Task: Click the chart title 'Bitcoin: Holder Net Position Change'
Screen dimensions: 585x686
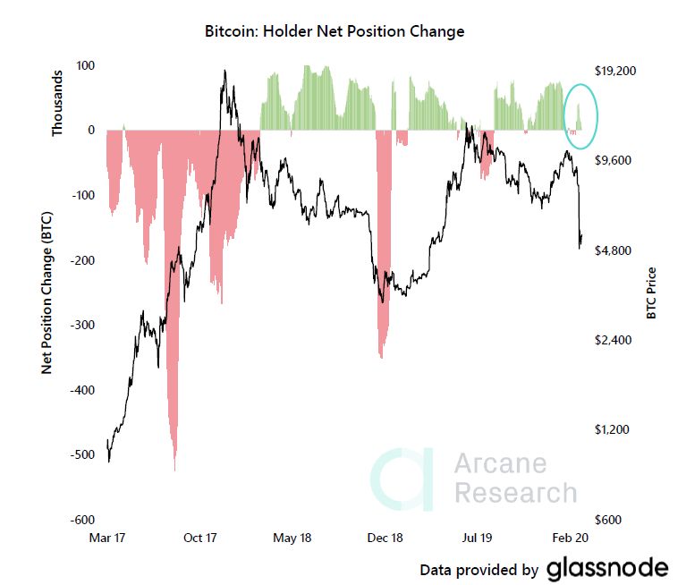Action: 335,31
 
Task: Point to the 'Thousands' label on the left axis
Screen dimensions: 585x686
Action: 58,103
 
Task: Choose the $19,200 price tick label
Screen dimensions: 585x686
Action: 614,70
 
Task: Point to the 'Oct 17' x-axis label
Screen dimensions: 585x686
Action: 200,538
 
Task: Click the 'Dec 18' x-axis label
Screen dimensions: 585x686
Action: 386,538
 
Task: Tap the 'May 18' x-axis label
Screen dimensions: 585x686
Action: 292,538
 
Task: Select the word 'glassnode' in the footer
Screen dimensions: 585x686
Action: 606,568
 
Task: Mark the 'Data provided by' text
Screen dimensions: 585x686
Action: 479,570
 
